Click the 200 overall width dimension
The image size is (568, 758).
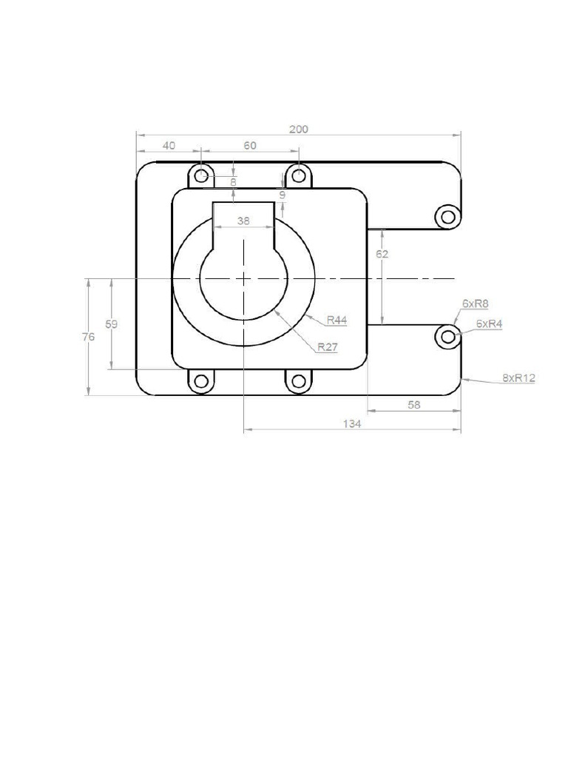pos(298,129)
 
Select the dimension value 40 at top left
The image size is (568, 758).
pos(169,146)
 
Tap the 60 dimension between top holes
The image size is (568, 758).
pos(250,146)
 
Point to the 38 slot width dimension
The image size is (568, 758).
pos(243,221)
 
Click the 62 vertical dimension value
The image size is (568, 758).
pos(382,254)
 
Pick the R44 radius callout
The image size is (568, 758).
pos(337,321)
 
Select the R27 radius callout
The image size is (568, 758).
pos(327,346)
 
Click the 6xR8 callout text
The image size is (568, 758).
pos(476,303)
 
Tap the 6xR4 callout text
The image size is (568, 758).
pos(489,323)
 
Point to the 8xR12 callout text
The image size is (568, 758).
pos(518,378)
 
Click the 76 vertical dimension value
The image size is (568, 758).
pos(87,337)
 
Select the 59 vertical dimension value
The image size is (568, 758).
pos(110,324)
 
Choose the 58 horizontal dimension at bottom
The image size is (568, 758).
pos(413,404)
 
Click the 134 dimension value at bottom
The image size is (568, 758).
pos(351,424)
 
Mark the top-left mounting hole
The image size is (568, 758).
pos(200,176)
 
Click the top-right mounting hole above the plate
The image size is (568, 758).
pos(298,176)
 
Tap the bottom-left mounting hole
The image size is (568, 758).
pos(200,381)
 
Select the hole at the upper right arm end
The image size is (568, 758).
pos(447,216)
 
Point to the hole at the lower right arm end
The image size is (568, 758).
pos(447,337)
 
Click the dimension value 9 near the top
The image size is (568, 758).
pos(282,195)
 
